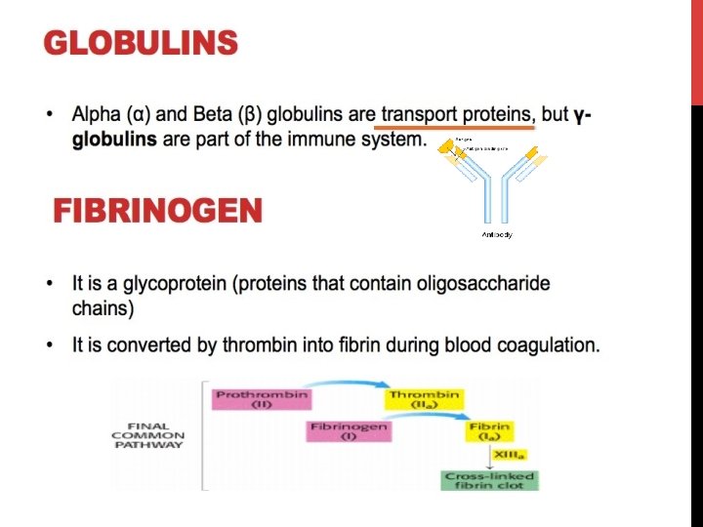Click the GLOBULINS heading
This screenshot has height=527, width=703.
click(x=141, y=43)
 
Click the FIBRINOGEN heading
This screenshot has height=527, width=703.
click(x=157, y=211)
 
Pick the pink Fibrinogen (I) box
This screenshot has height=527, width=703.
click(x=349, y=431)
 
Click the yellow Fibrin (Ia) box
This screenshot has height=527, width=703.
click(x=488, y=431)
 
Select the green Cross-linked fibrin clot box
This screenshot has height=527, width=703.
click(x=490, y=480)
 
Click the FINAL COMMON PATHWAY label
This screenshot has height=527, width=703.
click(x=147, y=435)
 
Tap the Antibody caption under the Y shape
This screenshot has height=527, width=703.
click(x=497, y=235)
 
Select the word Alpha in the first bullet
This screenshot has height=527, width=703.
click(x=95, y=115)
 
